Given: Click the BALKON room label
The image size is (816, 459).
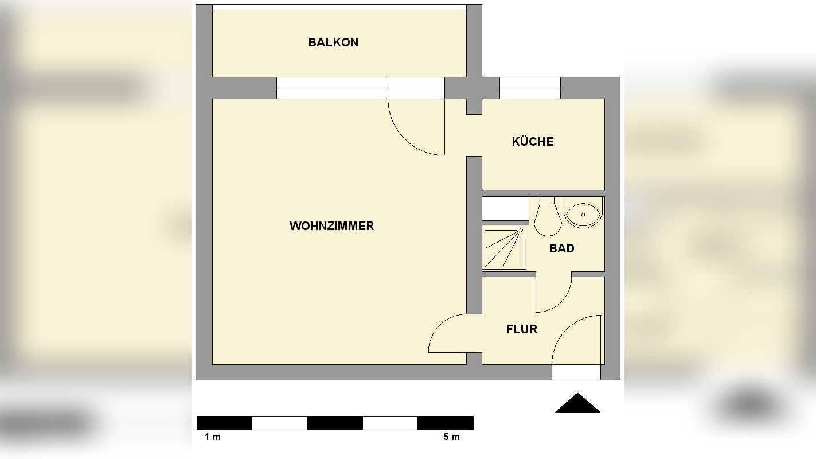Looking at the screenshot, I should click(x=333, y=42).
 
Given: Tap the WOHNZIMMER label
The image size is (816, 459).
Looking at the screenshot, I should click(x=331, y=226).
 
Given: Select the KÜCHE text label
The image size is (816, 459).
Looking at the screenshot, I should click(x=533, y=142).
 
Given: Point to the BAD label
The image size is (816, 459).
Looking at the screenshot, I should click(x=561, y=248).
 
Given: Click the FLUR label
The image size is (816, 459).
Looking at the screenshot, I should click(x=521, y=329).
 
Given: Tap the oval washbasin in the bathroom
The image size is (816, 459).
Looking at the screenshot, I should click(x=583, y=213).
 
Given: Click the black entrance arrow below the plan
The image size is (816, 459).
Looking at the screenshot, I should click(x=577, y=404).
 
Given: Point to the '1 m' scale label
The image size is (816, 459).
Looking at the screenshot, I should click(x=213, y=437).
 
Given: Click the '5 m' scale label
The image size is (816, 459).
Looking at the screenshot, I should click(x=451, y=437).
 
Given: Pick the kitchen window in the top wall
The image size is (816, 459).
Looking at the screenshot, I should click(x=530, y=88).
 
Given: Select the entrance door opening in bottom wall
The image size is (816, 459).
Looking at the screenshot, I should click(x=576, y=372).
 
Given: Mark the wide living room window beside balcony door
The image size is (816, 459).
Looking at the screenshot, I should click(x=332, y=88).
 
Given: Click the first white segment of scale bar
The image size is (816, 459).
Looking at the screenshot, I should click(x=279, y=423).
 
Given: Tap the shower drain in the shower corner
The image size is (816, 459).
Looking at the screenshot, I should click(x=521, y=230).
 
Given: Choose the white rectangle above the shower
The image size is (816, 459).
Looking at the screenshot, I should click(x=505, y=209).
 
